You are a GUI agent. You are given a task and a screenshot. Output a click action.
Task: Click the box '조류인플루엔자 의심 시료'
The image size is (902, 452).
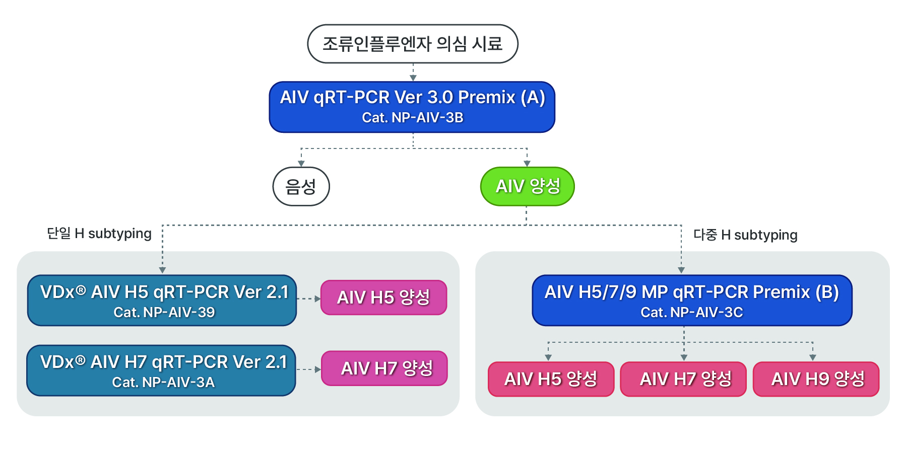click(x=412, y=44)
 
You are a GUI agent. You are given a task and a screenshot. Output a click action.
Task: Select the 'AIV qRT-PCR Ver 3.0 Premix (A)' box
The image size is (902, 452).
click(x=412, y=98)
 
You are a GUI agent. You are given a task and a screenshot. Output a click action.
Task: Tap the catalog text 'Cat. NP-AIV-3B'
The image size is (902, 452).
click(x=412, y=118)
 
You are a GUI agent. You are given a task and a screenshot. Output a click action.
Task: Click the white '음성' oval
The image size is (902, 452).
click(x=301, y=187)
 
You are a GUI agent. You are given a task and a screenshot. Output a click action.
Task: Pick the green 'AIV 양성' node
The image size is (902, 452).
click(x=527, y=187)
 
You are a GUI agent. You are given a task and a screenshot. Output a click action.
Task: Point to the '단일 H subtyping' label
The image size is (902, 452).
click(x=99, y=234)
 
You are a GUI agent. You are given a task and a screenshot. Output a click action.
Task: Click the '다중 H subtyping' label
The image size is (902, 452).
click(x=745, y=235)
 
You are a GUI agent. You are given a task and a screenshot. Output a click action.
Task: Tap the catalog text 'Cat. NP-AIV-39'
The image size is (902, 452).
click(x=164, y=313)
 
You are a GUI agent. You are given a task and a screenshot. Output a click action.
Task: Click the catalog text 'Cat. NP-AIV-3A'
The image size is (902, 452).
click(x=163, y=383)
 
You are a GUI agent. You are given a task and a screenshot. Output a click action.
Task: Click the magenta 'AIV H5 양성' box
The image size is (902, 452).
click(x=383, y=297)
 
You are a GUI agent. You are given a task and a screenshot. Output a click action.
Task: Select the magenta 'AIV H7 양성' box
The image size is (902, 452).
click(x=384, y=368)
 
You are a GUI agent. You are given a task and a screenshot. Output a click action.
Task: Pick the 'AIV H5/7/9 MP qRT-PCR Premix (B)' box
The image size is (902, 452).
click(x=691, y=292)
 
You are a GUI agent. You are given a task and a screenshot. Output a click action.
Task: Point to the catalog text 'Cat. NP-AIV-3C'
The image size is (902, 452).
click(x=691, y=313)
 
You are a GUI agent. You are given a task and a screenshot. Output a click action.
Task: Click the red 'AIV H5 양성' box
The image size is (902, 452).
click(x=551, y=379)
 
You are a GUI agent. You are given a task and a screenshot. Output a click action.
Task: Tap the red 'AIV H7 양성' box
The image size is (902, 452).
click(x=683, y=379)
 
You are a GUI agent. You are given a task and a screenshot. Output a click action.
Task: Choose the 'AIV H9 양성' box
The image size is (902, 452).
click(x=816, y=379)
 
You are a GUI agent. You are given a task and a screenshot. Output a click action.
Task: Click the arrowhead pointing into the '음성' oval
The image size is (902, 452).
click(x=301, y=164)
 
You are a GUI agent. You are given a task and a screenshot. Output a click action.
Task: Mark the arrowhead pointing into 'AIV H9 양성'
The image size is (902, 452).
click(x=813, y=357)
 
